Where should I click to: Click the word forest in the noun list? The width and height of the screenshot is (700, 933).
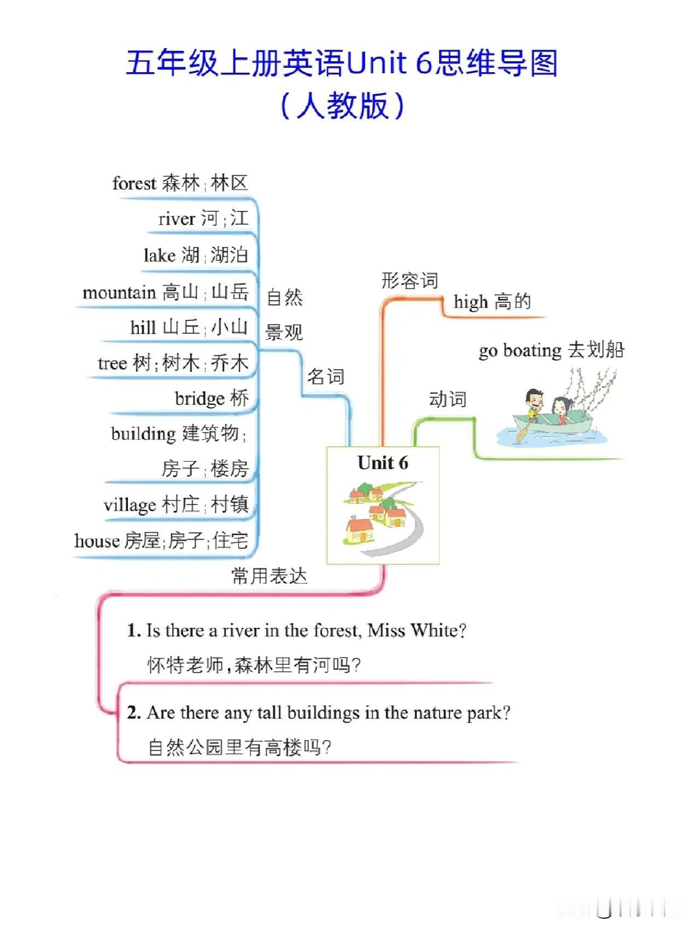click(134, 183)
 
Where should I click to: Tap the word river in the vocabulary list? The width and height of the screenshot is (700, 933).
click(177, 219)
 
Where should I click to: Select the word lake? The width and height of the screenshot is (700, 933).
click(159, 255)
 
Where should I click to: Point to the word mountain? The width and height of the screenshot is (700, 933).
click(119, 293)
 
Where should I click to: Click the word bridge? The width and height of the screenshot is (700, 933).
click(200, 399)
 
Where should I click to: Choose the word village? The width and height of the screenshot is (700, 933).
click(130, 505)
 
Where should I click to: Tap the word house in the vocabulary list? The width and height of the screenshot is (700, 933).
click(97, 541)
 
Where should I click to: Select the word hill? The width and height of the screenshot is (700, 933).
click(143, 328)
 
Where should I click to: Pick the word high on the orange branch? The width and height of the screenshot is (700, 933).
click(470, 302)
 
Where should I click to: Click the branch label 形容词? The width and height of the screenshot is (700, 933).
click(410, 281)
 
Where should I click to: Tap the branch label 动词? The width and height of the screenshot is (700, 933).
click(447, 399)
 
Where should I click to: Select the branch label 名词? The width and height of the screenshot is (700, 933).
click(325, 376)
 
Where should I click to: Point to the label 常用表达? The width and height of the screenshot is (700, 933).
click(269, 576)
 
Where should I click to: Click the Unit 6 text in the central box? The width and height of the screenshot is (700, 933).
click(383, 463)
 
